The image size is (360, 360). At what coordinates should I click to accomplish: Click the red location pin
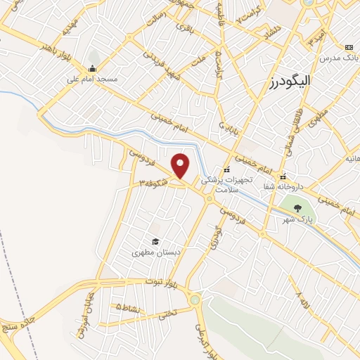coord(181,166)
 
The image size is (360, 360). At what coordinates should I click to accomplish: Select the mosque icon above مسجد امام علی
coord(93,69)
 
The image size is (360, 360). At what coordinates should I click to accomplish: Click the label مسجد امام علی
coord(92,79)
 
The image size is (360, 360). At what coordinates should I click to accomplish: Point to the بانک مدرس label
coord(337,58)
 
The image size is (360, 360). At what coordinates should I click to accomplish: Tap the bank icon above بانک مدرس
coord(348,47)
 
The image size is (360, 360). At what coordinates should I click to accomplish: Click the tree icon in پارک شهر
coord(297,207)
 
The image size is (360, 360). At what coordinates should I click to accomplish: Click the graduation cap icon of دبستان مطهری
coord(155,241)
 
